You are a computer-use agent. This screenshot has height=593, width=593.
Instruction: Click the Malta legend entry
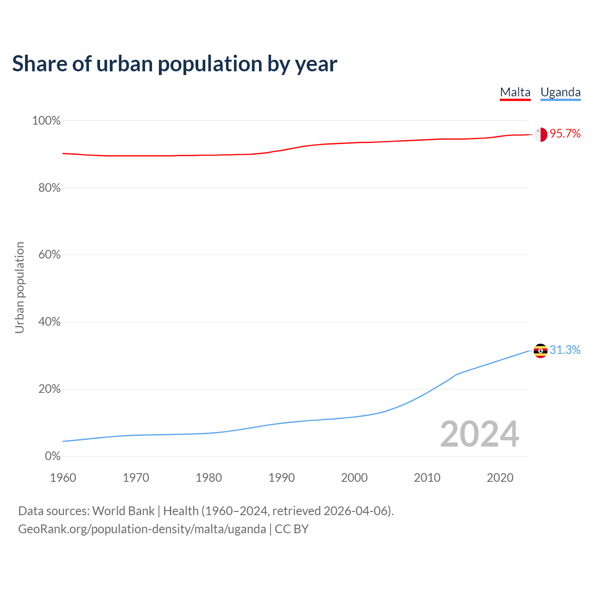(x=515, y=92)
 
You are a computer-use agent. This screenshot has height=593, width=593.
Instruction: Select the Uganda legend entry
(x=561, y=92)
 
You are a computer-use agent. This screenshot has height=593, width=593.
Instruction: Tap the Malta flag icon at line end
(x=541, y=134)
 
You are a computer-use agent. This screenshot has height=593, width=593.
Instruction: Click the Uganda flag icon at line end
(x=541, y=351)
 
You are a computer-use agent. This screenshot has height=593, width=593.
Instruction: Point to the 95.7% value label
(x=565, y=134)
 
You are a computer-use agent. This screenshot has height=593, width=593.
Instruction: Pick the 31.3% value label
(x=565, y=350)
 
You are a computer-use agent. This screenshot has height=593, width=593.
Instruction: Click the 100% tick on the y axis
(x=46, y=121)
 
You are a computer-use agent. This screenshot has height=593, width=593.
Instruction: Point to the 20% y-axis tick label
(x=48, y=389)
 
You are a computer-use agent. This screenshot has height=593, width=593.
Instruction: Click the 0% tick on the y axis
(x=52, y=456)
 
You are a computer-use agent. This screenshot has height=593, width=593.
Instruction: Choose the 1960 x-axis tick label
(x=63, y=478)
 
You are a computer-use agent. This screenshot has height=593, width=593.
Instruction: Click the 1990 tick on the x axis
(x=282, y=478)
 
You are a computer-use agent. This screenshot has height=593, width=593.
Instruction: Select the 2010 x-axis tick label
(x=427, y=478)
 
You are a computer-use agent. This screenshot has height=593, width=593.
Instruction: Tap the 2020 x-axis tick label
(x=500, y=478)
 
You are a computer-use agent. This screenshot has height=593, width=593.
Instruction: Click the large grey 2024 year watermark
(x=479, y=434)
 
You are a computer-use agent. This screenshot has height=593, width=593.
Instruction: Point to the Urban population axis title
(x=19, y=287)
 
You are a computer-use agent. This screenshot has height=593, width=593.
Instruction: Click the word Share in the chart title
(x=39, y=64)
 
